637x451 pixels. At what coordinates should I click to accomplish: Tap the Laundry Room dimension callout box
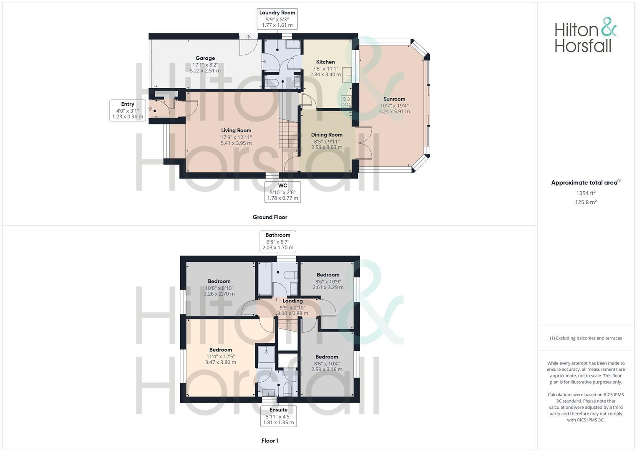coord(277,19)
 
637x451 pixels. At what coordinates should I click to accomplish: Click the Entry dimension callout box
coord(128,110)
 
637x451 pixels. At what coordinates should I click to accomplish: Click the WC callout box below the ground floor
coord(282,192)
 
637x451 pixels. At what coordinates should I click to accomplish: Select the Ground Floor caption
coord(270,217)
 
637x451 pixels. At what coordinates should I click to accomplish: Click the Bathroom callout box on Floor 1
coord(278,241)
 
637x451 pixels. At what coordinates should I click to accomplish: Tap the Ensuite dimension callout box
coord(278,416)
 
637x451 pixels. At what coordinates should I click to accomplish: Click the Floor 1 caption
coord(270,441)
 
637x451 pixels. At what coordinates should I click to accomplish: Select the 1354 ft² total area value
coord(586,193)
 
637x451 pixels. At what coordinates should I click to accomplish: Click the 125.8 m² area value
coord(586,202)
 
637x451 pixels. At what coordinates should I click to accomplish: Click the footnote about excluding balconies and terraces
coord(586,338)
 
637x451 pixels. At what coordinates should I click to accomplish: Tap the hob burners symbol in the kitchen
coord(346,102)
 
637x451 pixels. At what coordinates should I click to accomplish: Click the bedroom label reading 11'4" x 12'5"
coord(221,356)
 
